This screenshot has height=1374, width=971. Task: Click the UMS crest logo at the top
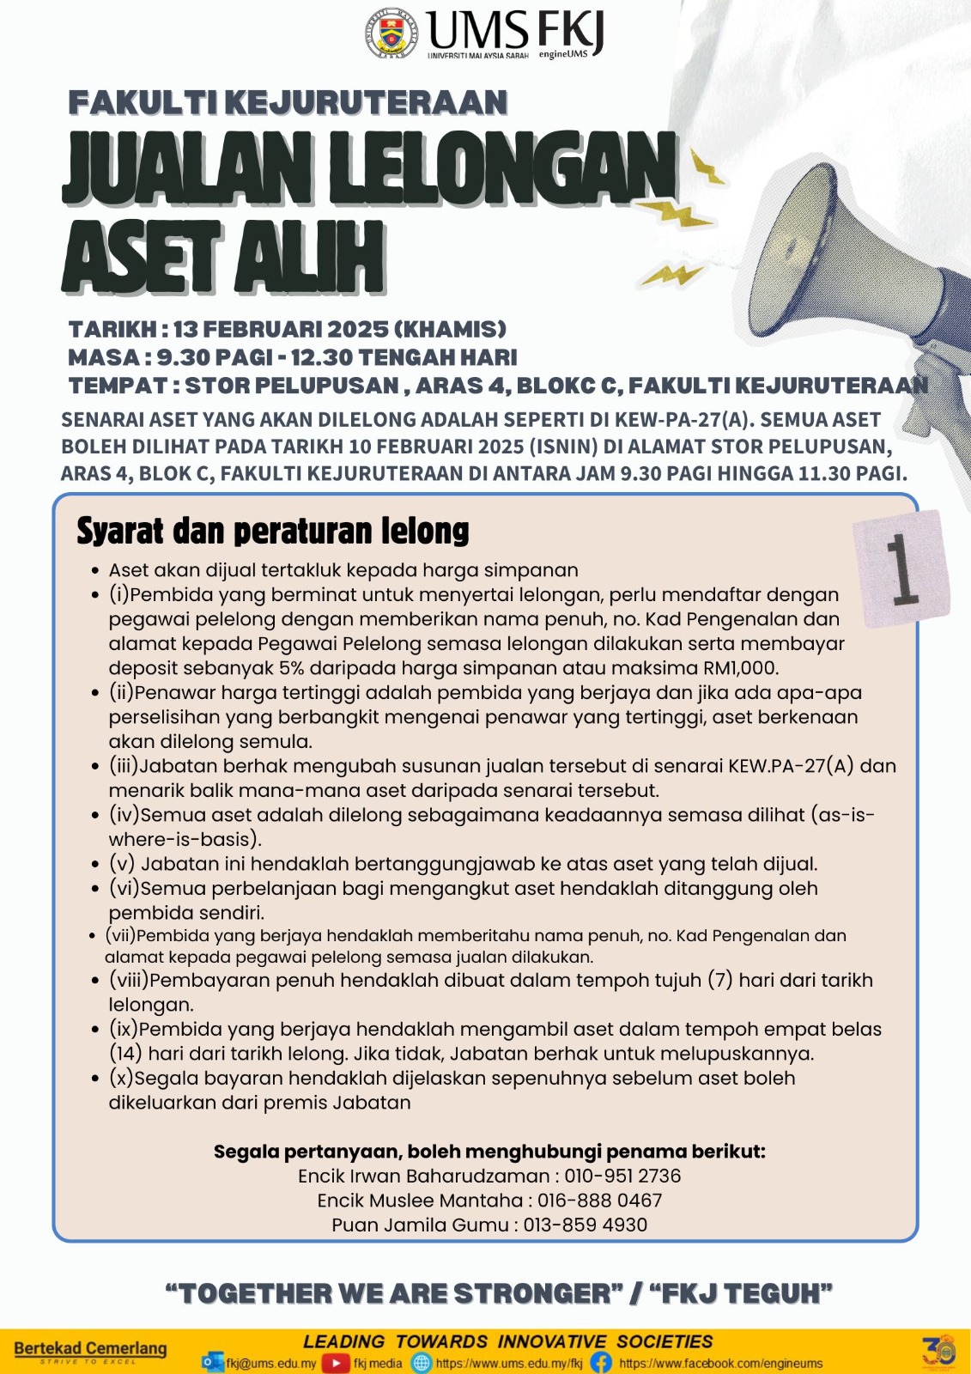coord(392,33)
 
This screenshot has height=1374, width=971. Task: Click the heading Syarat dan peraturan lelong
coord(273,532)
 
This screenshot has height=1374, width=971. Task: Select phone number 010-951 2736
coord(622,1176)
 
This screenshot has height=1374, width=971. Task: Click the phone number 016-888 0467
coord(599,1201)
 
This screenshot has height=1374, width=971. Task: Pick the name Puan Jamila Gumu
coord(421,1225)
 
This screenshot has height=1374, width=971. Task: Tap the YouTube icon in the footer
coord(336,1363)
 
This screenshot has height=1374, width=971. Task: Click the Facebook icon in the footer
coord(601,1363)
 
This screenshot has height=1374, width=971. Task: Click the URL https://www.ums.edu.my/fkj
coord(508,1363)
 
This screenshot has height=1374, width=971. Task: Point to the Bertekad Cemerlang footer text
coord(90,1349)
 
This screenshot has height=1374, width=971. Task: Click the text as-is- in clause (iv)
coord(847,815)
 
